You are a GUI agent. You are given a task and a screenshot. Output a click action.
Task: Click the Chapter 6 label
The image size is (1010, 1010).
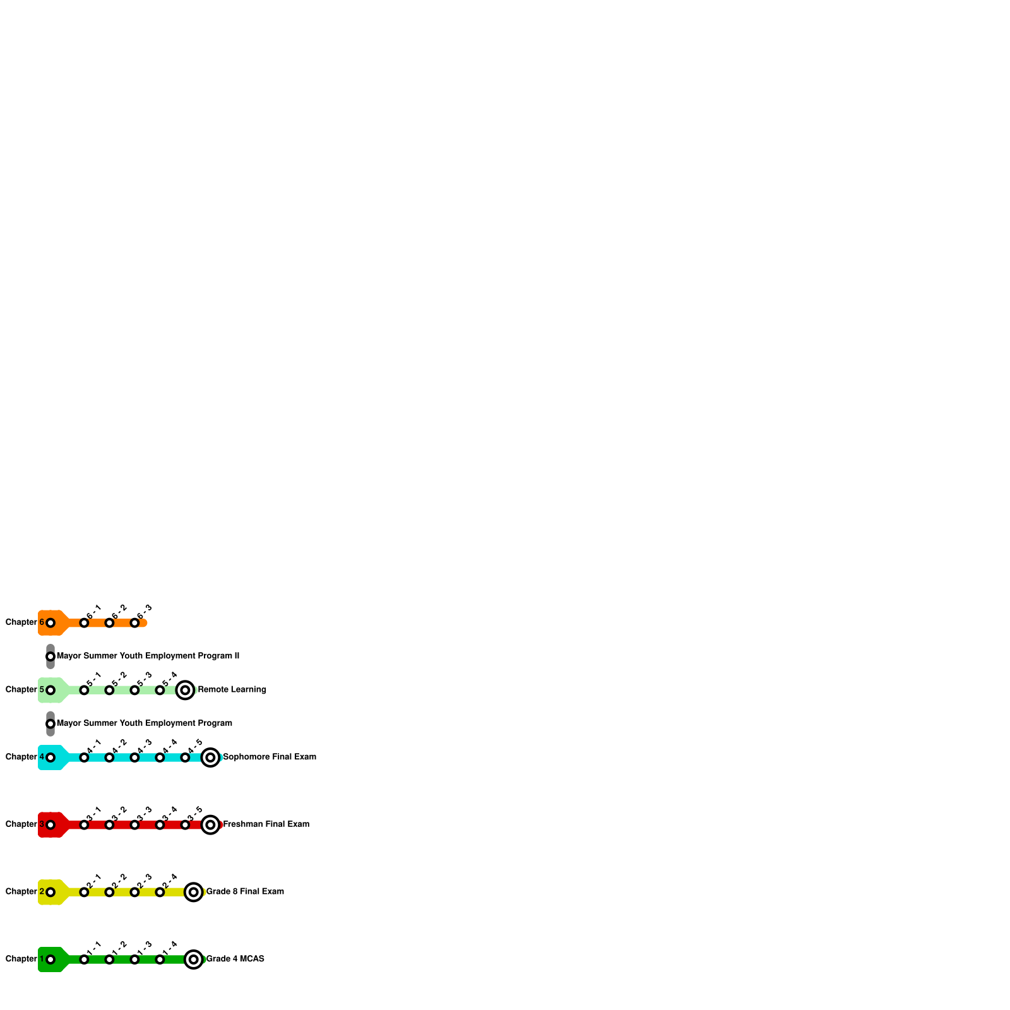pyautogui.click(x=25, y=622)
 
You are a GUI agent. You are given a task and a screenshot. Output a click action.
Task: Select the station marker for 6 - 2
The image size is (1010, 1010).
pyautogui.click(x=109, y=623)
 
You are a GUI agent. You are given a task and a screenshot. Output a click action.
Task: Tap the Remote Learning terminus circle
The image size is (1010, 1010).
pyautogui.click(x=185, y=690)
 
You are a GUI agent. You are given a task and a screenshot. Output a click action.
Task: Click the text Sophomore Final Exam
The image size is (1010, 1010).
pyautogui.click(x=270, y=757)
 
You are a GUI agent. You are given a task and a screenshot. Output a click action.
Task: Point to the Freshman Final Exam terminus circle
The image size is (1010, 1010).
pyautogui.click(x=210, y=824)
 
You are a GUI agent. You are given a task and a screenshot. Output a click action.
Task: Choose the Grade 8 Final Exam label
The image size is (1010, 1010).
pyautogui.click(x=245, y=891)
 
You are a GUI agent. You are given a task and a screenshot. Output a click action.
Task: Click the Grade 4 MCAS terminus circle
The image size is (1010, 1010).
pyautogui.click(x=194, y=959)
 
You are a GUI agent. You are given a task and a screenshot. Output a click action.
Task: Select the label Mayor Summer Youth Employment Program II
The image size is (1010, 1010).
pyautogui.click(x=148, y=656)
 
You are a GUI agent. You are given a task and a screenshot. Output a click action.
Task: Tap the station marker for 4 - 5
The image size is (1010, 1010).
pyautogui.click(x=185, y=757)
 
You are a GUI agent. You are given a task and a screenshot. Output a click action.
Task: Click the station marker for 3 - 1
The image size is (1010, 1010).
pyautogui.click(x=84, y=825)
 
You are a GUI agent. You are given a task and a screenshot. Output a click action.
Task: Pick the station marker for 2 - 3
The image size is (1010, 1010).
pyautogui.click(x=134, y=892)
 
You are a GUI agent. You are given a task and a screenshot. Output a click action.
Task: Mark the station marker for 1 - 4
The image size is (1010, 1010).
pyautogui.click(x=160, y=959)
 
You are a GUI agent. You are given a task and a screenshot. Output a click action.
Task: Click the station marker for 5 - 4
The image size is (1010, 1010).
pyautogui.click(x=160, y=690)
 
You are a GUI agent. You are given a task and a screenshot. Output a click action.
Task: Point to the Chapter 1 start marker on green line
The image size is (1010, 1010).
pyautogui.click(x=50, y=959)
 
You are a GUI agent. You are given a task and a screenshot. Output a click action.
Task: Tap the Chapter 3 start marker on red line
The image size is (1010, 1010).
pyautogui.click(x=50, y=825)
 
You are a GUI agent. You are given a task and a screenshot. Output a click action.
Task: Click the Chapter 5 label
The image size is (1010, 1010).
pyautogui.click(x=25, y=689)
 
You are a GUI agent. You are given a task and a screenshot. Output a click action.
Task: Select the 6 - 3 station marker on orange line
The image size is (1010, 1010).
pyautogui.click(x=134, y=623)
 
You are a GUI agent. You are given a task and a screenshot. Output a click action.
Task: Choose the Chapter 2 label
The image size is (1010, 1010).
pyautogui.click(x=25, y=891)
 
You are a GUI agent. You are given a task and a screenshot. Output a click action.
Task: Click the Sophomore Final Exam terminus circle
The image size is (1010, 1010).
pyautogui.click(x=210, y=757)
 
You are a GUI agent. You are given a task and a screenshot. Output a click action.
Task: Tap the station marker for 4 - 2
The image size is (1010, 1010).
pyautogui.click(x=109, y=757)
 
